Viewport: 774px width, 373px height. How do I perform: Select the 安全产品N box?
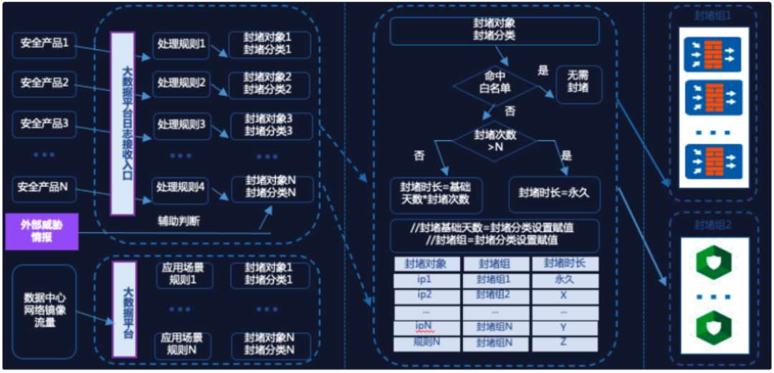pyautogui.click(x=44, y=188)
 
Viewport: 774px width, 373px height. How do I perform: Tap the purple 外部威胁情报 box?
pyautogui.click(x=42, y=231)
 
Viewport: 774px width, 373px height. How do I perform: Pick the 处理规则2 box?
pyautogui.click(x=181, y=84)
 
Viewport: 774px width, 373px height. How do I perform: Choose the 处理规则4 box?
pyautogui.click(x=181, y=189)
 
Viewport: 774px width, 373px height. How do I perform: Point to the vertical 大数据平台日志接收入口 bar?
pyautogui.click(x=123, y=122)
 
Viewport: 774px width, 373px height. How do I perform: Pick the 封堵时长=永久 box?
pyautogui.click(x=554, y=193)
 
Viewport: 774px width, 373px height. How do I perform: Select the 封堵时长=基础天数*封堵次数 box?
pyautogui.click(x=435, y=193)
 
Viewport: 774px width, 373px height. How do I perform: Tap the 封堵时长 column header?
pyautogui.click(x=564, y=263)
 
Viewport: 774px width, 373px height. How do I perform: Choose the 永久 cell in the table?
pyautogui.click(x=564, y=280)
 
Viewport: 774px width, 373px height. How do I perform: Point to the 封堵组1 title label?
pyautogui.click(x=713, y=14)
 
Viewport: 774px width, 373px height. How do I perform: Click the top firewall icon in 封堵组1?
pyautogui.click(x=712, y=54)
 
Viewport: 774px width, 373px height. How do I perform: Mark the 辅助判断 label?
pyautogui.click(x=179, y=221)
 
